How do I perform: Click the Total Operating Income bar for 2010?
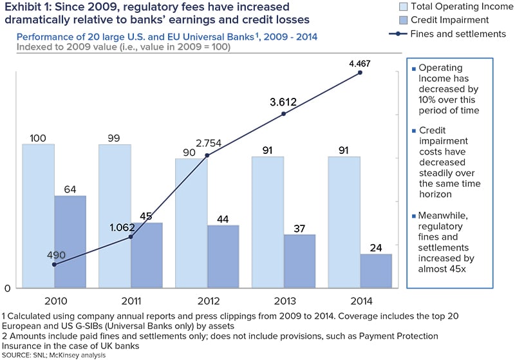pyautogui.click(x=38, y=216)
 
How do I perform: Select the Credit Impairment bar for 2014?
pyautogui.click(x=376, y=271)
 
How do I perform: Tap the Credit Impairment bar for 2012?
pyautogui.click(x=223, y=256)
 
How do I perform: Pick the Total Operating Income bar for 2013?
pyautogui.click(x=268, y=222)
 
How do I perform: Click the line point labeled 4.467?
pyautogui.click(x=360, y=73)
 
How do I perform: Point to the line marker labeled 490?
pyautogui.click(x=54, y=265)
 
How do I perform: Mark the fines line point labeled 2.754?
pyautogui.click(x=207, y=155)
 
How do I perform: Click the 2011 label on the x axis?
pyautogui.click(x=131, y=300)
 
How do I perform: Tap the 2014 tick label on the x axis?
pyautogui.click(x=360, y=300)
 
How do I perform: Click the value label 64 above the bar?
pyautogui.click(x=70, y=189)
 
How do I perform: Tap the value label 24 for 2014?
pyautogui.click(x=376, y=247)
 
